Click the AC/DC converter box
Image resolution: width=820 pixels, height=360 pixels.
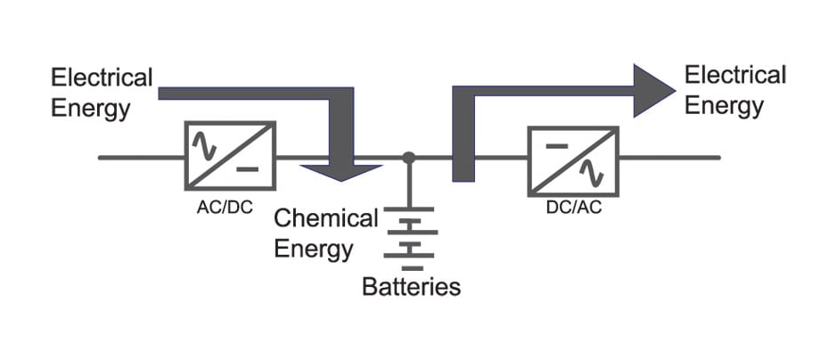(x=230, y=156)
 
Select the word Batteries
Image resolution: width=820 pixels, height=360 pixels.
(x=411, y=287)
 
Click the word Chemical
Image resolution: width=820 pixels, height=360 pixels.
(x=326, y=218)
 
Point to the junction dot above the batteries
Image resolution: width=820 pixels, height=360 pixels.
(x=408, y=159)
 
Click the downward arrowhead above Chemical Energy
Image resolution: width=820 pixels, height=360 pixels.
(x=340, y=169)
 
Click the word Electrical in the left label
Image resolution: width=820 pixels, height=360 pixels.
(x=102, y=78)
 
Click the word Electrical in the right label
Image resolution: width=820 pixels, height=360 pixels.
(x=734, y=76)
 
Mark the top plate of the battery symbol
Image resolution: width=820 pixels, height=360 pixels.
(x=408, y=210)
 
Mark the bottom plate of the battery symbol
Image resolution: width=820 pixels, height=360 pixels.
(x=408, y=266)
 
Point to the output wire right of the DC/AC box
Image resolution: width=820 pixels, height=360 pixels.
(x=668, y=159)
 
